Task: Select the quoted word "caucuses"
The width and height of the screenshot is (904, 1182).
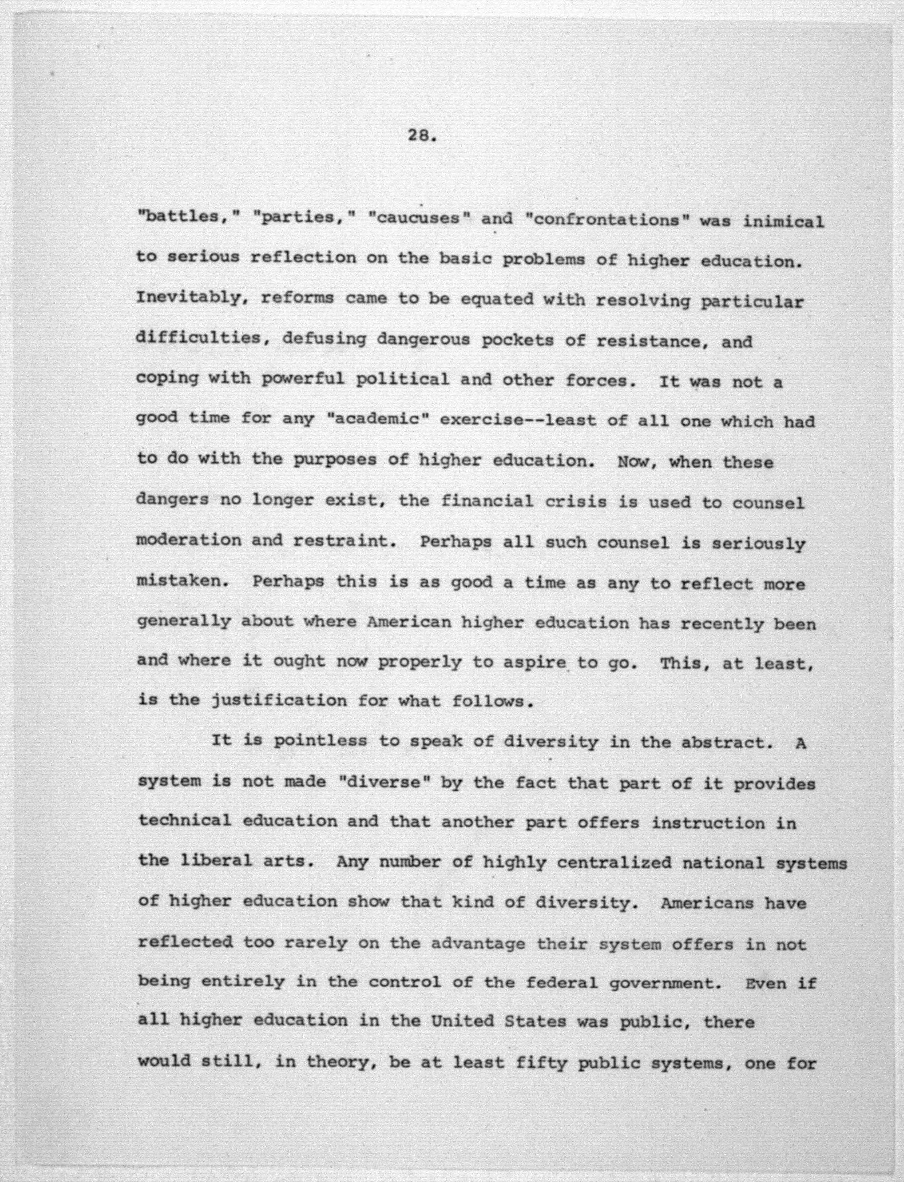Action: pos(414,218)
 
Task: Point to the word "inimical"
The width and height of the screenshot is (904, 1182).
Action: pos(783,221)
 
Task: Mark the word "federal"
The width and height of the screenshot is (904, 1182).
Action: pos(561,983)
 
